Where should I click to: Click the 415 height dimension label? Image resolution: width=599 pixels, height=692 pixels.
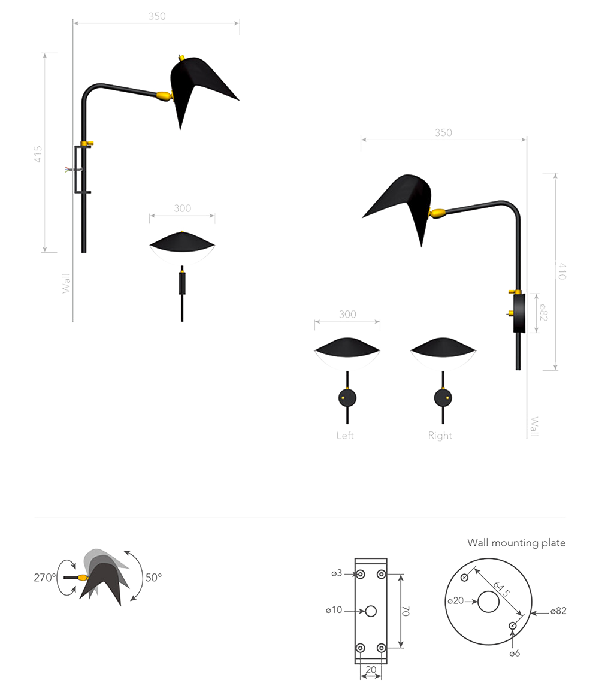(x=38, y=154)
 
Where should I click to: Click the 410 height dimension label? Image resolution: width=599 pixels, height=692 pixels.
(x=561, y=271)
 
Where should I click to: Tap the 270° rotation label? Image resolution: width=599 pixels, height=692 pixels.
(x=44, y=577)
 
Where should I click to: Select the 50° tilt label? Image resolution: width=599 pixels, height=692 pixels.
(x=153, y=577)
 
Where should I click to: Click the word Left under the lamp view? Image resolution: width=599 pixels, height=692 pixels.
(x=345, y=436)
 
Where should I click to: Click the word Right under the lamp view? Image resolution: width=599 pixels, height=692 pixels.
(x=440, y=436)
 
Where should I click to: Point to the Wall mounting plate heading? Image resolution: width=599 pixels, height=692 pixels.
(x=516, y=543)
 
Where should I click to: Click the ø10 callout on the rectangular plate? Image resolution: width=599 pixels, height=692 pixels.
(x=334, y=610)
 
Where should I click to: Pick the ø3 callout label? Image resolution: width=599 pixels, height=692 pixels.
(x=337, y=573)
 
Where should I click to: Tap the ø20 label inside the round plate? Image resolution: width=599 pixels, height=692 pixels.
(x=456, y=601)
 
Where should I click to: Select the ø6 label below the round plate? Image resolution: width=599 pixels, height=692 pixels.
(x=515, y=654)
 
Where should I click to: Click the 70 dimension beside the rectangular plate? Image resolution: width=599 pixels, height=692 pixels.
(x=406, y=611)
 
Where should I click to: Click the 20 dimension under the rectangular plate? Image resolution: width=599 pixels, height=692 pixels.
(x=371, y=670)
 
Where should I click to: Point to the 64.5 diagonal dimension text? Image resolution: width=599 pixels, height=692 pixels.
(x=501, y=589)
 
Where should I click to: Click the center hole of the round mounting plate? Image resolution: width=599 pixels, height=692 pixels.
(x=488, y=602)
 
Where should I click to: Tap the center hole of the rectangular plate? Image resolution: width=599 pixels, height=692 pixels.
(x=371, y=611)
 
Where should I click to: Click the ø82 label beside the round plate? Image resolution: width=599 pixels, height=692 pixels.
(x=558, y=611)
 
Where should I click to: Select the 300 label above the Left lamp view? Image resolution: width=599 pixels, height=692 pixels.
(x=347, y=314)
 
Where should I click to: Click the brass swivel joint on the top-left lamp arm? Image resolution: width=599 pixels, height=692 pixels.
(x=164, y=96)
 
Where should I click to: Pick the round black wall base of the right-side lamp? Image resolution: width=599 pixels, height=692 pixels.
(x=519, y=313)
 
